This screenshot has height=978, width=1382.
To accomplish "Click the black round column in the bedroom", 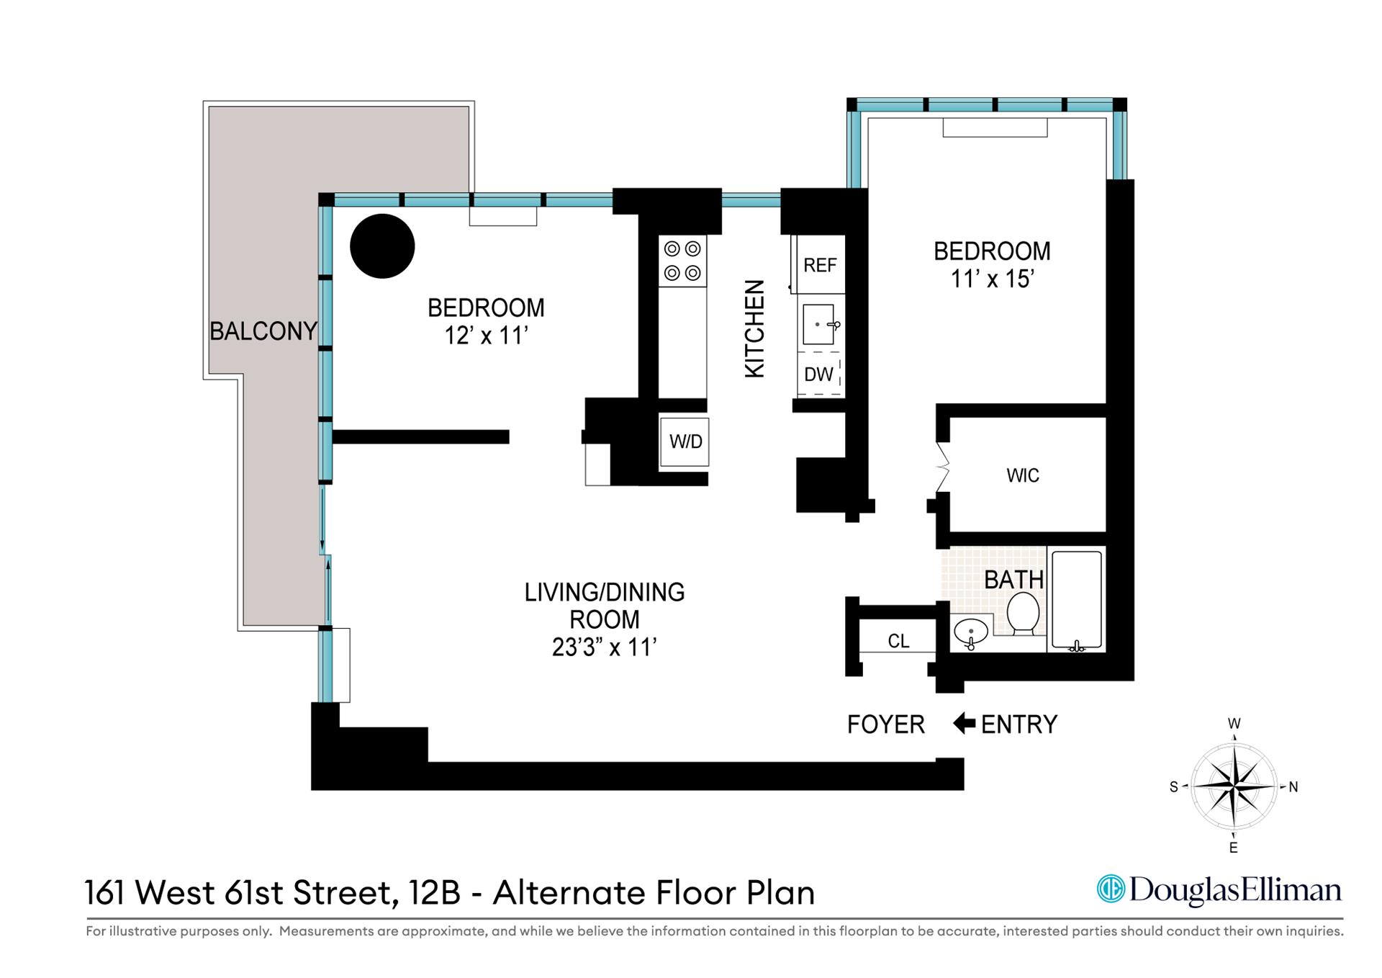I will pyautogui.click(x=382, y=246).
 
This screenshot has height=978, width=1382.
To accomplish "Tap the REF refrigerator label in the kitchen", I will pyautogui.click(x=820, y=265).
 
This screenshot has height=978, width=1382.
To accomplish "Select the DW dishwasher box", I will pyautogui.click(x=819, y=374).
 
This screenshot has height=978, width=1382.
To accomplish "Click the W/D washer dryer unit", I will pyautogui.click(x=685, y=441).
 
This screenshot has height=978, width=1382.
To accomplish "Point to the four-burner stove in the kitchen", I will pyautogui.click(x=682, y=261).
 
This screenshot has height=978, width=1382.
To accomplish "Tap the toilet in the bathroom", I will pyautogui.click(x=1022, y=613).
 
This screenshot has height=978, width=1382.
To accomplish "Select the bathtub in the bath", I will pyautogui.click(x=1077, y=600).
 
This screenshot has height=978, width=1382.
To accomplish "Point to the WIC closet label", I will pyautogui.click(x=1022, y=475).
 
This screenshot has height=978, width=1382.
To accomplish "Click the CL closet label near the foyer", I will pyautogui.click(x=898, y=641).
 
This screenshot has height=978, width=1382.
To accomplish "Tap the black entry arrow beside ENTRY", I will pyautogui.click(x=964, y=723).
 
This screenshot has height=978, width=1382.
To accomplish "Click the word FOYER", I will pyautogui.click(x=885, y=724).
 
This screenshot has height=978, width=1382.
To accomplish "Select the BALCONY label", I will pyautogui.click(x=263, y=331).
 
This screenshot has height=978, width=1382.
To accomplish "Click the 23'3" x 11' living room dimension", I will pyautogui.click(x=603, y=647).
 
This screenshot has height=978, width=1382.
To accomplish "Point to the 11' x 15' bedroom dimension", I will pyautogui.click(x=992, y=279).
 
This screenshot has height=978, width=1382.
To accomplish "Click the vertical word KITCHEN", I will pyautogui.click(x=754, y=328).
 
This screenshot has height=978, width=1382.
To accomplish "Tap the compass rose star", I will pyautogui.click(x=1234, y=786).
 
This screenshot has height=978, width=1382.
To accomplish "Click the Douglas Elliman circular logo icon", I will pyautogui.click(x=1111, y=889).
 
